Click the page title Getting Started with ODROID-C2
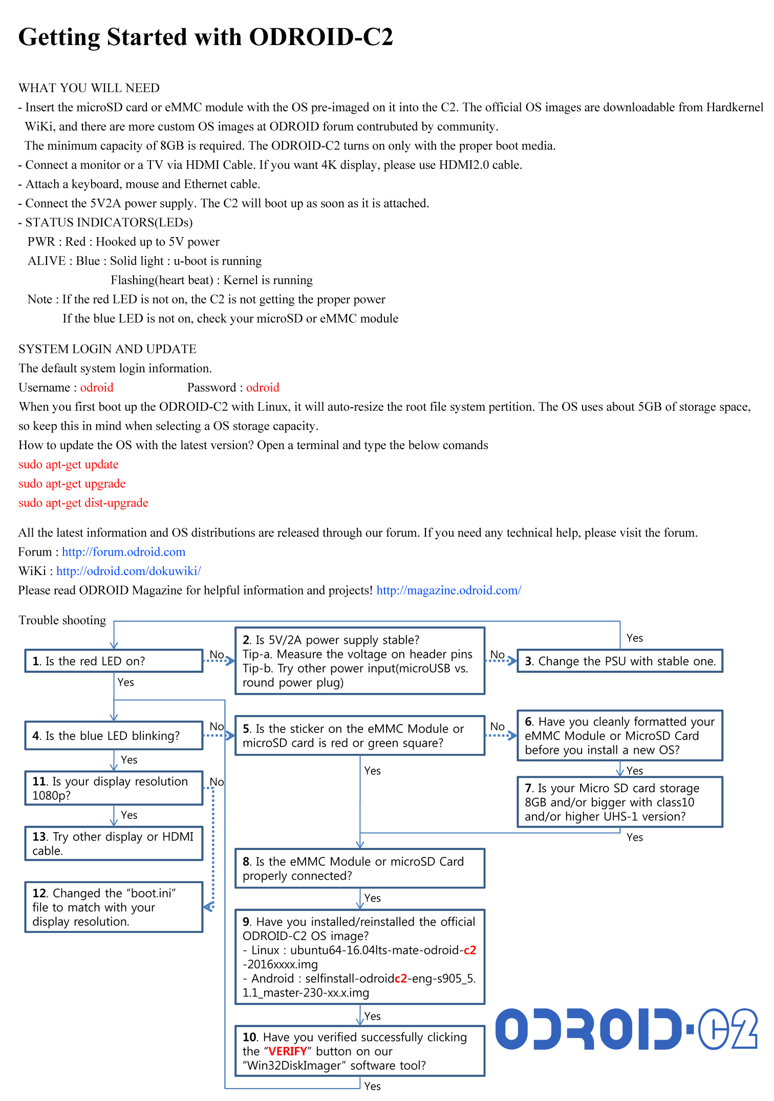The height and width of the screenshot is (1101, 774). (x=206, y=37)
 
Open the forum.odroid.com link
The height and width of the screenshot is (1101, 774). (x=123, y=552)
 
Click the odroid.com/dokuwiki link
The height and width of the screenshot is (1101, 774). (x=128, y=571)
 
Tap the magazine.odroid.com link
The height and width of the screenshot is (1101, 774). (x=448, y=590)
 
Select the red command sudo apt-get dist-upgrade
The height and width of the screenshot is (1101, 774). (x=83, y=503)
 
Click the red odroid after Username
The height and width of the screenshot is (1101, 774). (x=97, y=388)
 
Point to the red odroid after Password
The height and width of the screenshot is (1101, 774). (x=263, y=388)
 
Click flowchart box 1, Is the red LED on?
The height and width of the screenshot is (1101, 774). (x=114, y=661)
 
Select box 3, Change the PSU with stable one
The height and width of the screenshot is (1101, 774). (x=619, y=661)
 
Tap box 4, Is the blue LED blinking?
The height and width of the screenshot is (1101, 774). (x=114, y=736)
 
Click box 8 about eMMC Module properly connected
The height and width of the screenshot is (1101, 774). (x=359, y=869)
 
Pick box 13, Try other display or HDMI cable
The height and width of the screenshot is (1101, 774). (x=114, y=843)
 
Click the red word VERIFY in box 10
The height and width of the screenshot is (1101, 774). (x=288, y=1051)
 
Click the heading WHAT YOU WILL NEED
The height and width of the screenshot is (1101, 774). (x=89, y=88)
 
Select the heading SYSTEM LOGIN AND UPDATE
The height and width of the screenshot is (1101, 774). (x=107, y=349)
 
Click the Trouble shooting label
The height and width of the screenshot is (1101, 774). (x=62, y=620)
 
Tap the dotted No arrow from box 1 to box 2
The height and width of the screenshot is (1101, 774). (x=219, y=661)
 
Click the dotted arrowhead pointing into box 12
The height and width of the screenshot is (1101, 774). (x=209, y=907)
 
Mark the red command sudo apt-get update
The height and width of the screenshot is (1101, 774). (x=69, y=464)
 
